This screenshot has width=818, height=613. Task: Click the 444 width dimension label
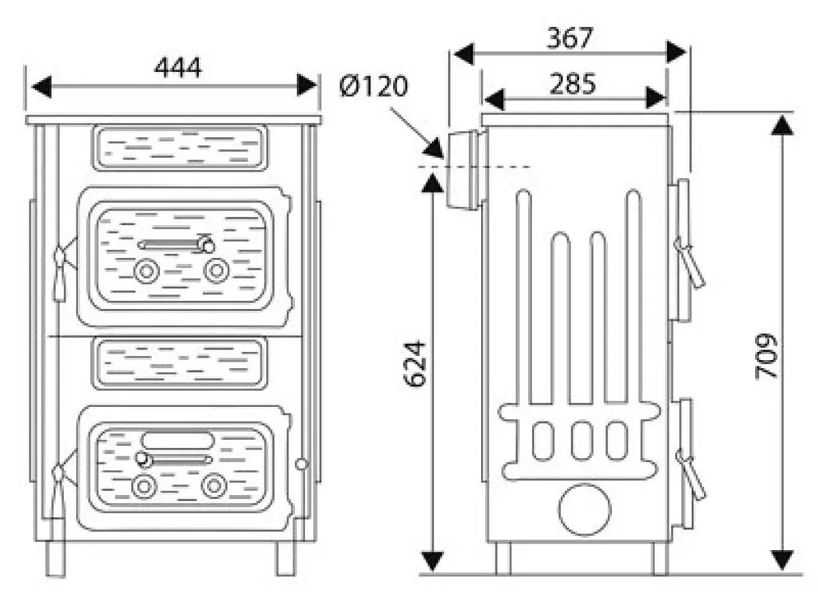click(177, 69)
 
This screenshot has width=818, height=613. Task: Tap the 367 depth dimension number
click(570, 38)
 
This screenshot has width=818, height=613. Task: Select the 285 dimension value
click(572, 84)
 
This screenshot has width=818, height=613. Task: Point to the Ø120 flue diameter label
click(374, 86)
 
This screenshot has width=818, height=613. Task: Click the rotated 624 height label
click(415, 364)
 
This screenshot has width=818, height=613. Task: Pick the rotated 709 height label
click(767, 356)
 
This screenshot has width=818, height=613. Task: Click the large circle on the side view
click(584, 509)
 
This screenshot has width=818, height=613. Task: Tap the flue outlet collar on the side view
click(463, 169)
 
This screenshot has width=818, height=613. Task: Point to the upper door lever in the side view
click(689, 262)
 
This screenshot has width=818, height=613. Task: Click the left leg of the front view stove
click(55, 558)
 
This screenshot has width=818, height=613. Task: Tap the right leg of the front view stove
click(285, 558)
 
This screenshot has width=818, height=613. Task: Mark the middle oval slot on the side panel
click(582, 441)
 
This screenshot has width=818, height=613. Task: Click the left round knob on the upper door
click(147, 271)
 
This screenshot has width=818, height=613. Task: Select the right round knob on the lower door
click(214, 486)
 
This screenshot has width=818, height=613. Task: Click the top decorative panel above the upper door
click(180, 148)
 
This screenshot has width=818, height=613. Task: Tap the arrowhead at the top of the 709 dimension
click(782, 125)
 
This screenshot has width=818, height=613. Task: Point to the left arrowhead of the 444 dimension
click(42, 86)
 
